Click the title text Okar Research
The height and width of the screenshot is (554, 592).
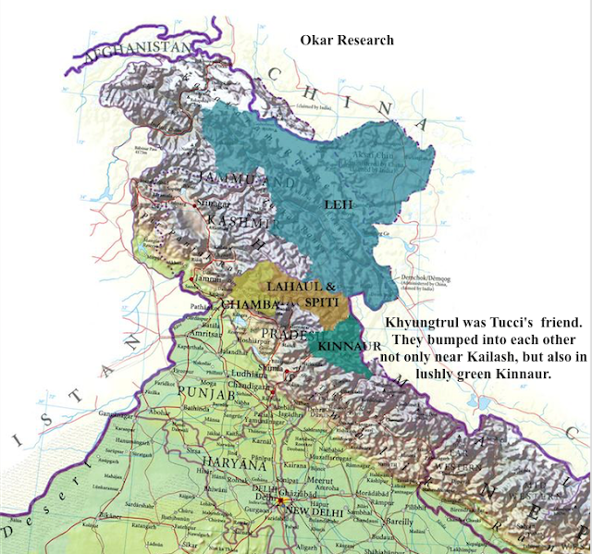347,40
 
